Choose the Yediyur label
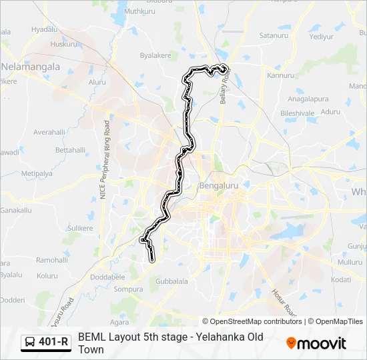coord(321,37)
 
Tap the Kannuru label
coord(280,75)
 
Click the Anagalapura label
coord(308,99)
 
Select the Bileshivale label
coord(297,113)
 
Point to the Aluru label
coord(97,82)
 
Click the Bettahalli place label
coord(71,150)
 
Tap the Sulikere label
coord(81,228)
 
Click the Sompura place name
coord(128,289)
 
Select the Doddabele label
coord(107,276)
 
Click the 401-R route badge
coord(47,342)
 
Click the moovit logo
coord(316,343)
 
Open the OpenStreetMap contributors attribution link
coord(252,321)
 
